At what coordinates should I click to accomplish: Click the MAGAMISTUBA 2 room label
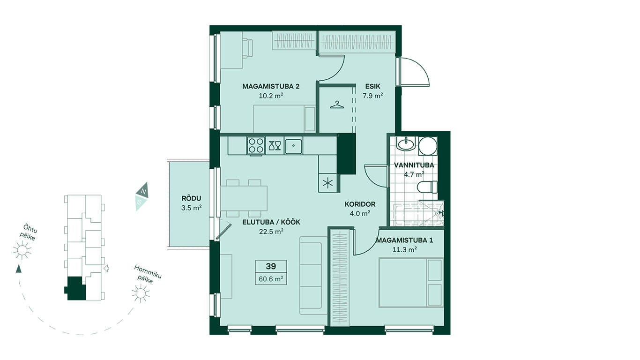tap(271, 86)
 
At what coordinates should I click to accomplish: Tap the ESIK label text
tap(372, 86)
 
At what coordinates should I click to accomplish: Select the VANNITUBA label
tap(414, 165)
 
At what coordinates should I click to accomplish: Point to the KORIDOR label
tap(360, 204)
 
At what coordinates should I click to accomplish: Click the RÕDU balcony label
tap(192, 198)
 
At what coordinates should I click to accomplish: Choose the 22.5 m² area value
tap(271, 231)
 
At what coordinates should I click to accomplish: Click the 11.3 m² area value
tap(404, 250)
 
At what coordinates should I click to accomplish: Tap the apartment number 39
tap(271, 266)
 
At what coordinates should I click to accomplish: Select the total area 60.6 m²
tap(271, 278)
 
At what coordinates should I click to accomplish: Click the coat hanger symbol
tap(337, 105)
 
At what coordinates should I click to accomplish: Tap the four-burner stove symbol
tap(256, 145)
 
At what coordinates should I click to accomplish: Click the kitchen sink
tap(293, 146)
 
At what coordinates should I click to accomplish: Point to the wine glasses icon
tap(275, 145)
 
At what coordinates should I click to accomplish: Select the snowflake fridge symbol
tap(327, 183)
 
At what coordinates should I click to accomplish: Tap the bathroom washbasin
tap(406, 143)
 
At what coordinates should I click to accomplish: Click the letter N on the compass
tap(144, 191)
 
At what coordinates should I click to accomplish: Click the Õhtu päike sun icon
tap(22, 250)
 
